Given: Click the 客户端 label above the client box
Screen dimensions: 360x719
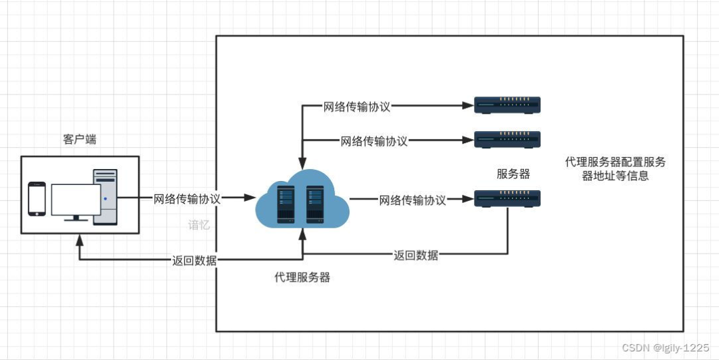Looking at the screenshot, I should [x=79, y=140].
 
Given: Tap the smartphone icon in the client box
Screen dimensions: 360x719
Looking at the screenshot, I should [x=37, y=199].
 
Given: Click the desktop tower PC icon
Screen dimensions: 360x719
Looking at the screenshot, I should [x=105, y=197].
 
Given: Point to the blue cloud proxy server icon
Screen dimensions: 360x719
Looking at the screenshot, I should [x=302, y=199].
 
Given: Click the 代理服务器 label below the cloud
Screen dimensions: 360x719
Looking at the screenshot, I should [x=302, y=277].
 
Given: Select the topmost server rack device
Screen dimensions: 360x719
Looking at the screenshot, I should [x=507, y=105].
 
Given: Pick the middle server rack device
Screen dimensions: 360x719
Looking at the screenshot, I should [x=507, y=140].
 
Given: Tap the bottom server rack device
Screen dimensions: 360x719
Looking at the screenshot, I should [x=507, y=198].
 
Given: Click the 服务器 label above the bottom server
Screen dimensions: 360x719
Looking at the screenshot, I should [x=513, y=174].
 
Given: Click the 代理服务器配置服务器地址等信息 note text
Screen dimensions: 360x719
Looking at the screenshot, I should [x=615, y=169].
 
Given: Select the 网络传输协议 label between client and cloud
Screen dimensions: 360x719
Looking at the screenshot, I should [x=187, y=198].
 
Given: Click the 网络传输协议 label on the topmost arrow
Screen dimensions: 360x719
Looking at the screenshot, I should [x=357, y=106].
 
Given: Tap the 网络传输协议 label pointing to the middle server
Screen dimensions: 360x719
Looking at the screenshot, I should [x=374, y=140].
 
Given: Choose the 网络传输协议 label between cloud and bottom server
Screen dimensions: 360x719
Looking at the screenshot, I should [x=413, y=200].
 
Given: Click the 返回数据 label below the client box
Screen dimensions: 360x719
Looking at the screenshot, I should [x=194, y=260].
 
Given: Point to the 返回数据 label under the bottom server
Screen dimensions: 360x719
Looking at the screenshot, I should [x=415, y=255].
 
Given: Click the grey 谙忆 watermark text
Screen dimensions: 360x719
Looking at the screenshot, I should [x=199, y=225].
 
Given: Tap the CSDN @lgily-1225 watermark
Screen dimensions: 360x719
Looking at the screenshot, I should [x=664, y=347].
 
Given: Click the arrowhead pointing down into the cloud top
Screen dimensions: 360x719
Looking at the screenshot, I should [x=302, y=164].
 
